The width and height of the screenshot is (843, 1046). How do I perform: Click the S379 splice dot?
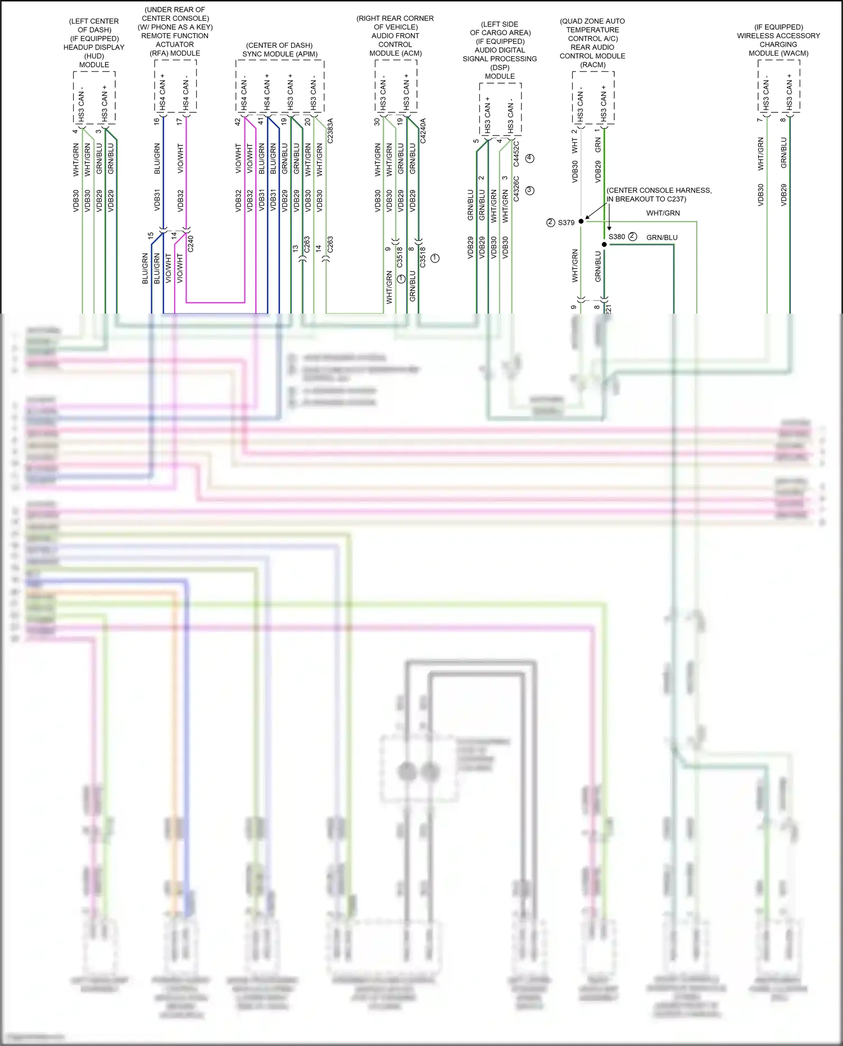click(x=581, y=221)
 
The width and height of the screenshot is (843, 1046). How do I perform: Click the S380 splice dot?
click(x=604, y=244)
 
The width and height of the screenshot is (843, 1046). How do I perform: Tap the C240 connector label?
click(x=191, y=243)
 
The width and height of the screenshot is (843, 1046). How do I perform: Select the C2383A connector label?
click(x=330, y=130)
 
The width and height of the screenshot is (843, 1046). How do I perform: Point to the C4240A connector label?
click(x=423, y=130)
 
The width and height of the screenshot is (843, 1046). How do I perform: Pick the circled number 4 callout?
click(x=529, y=159)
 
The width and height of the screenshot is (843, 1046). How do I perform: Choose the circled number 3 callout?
click(x=529, y=191)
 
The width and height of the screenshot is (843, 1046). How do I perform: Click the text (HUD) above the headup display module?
click(x=94, y=56)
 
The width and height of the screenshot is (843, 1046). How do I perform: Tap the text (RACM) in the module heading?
click(x=592, y=65)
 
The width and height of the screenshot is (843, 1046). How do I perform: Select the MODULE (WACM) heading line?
click(x=778, y=53)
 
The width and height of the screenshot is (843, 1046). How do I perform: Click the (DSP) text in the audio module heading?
click(x=500, y=67)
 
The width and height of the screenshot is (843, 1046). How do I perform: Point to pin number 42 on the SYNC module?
click(x=238, y=121)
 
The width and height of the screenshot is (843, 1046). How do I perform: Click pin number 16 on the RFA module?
click(x=157, y=121)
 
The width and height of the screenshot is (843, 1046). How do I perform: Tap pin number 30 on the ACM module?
click(x=377, y=121)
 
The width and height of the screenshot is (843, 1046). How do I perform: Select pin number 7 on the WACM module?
click(x=759, y=120)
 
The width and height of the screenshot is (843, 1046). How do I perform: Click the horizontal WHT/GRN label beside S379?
click(x=663, y=213)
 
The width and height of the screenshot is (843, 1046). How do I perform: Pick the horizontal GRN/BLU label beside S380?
click(x=661, y=238)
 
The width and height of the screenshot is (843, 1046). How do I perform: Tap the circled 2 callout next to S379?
click(x=551, y=223)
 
